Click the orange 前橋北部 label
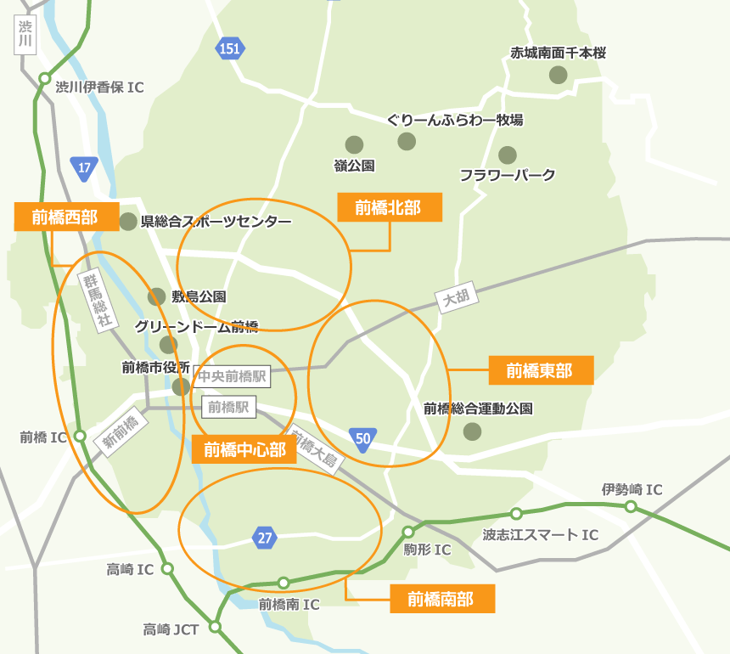390,207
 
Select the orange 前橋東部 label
541,370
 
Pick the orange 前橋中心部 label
244,448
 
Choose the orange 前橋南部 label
442,599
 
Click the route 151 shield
229,48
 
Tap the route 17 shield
84,167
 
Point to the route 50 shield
363,438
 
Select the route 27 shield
265,537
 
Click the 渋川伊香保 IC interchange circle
44,79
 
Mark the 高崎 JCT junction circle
216,627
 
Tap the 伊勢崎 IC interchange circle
631,507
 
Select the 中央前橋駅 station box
232,375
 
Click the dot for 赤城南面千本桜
558,75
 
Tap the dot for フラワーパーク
508,155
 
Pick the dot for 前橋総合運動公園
472,431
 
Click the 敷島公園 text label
199,296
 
